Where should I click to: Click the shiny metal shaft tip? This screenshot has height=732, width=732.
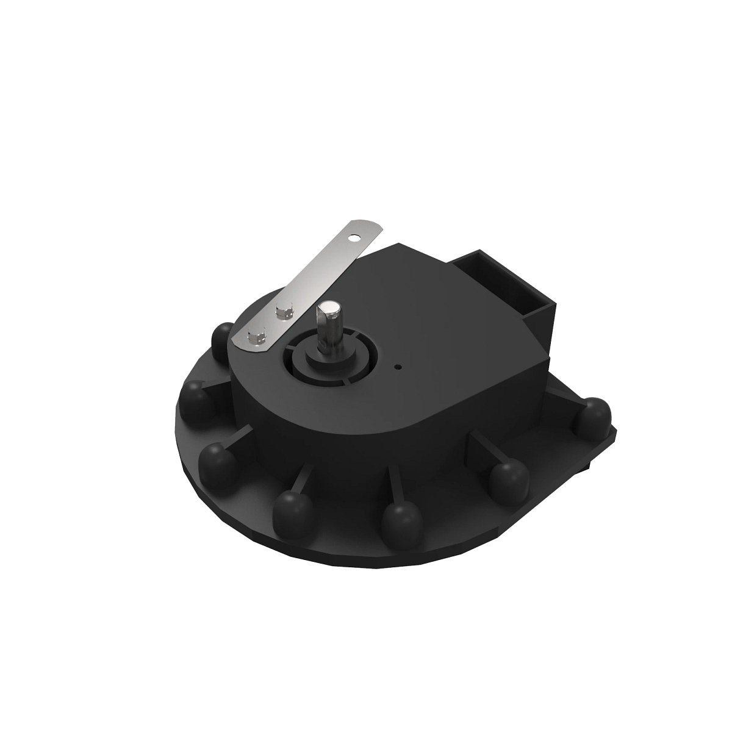329,309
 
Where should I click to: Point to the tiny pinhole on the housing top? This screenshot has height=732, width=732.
398,367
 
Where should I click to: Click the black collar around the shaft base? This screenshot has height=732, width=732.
332,360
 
